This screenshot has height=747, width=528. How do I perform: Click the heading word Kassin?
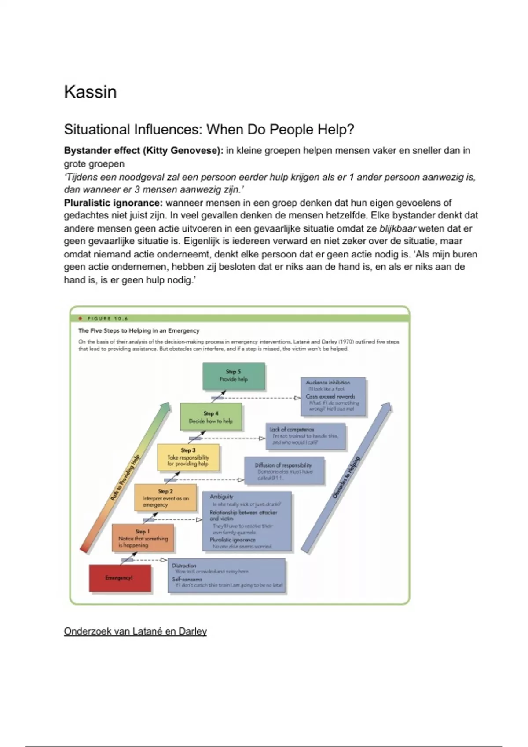(x=90, y=92)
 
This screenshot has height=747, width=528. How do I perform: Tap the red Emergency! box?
(x=120, y=578)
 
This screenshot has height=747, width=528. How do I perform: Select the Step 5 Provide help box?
(x=234, y=376)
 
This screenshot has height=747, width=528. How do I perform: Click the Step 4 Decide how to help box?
(x=211, y=417)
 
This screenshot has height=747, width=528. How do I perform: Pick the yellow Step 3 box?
(x=188, y=457)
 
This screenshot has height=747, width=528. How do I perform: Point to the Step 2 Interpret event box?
(x=165, y=498)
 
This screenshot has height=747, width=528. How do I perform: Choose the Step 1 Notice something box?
(x=143, y=538)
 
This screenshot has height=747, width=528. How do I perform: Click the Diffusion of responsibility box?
(x=284, y=471)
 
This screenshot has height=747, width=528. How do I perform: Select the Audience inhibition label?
(x=328, y=382)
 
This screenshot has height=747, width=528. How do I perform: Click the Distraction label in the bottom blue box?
(x=184, y=566)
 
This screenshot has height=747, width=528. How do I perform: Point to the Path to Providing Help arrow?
(x=125, y=477)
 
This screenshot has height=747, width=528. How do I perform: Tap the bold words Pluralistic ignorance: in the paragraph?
(x=114, y=203)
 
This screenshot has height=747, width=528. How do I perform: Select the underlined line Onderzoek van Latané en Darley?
(x=135, y=631)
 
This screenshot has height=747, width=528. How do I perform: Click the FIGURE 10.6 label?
(x=108, y=319)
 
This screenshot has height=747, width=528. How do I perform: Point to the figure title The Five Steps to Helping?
(x=139, y=331)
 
